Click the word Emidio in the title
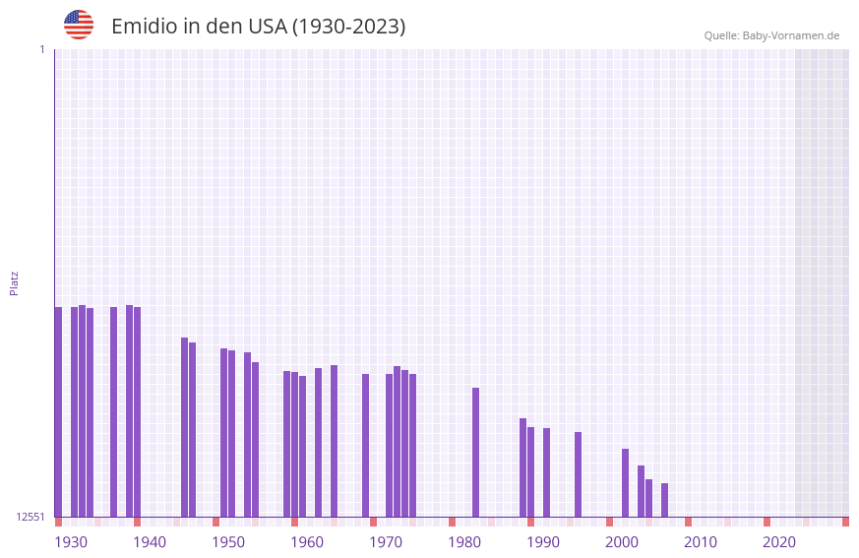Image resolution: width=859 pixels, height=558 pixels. pos(144,27)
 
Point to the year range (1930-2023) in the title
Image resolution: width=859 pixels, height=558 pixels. pos(349,27)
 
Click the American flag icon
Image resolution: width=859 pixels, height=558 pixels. pos(79,25)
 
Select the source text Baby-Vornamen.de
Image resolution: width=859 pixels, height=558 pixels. pos(790,35)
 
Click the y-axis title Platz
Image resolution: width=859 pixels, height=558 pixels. pos(14,282)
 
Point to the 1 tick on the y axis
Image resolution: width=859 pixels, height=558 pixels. pos(41,49)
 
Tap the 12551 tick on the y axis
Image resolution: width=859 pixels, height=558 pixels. pos(30,517)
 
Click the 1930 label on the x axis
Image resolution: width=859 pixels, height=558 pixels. pos(71,542)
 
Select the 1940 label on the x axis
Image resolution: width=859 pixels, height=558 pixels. pos(150,542)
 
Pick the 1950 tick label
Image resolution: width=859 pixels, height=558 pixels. pos(228,542)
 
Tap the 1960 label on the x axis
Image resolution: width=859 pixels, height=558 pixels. pos(307,542)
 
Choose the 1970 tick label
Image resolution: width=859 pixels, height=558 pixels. pos(386,542)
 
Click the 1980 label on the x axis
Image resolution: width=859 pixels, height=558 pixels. pos(464,542)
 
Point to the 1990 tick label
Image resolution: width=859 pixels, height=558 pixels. pos(543,542)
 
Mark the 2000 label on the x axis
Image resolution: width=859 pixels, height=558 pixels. pos(622,542)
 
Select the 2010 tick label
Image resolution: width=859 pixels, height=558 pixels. pos(701,542)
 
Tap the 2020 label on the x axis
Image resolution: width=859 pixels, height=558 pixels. pos(779,542)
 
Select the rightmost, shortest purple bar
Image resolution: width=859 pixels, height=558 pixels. pos(665,500)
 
